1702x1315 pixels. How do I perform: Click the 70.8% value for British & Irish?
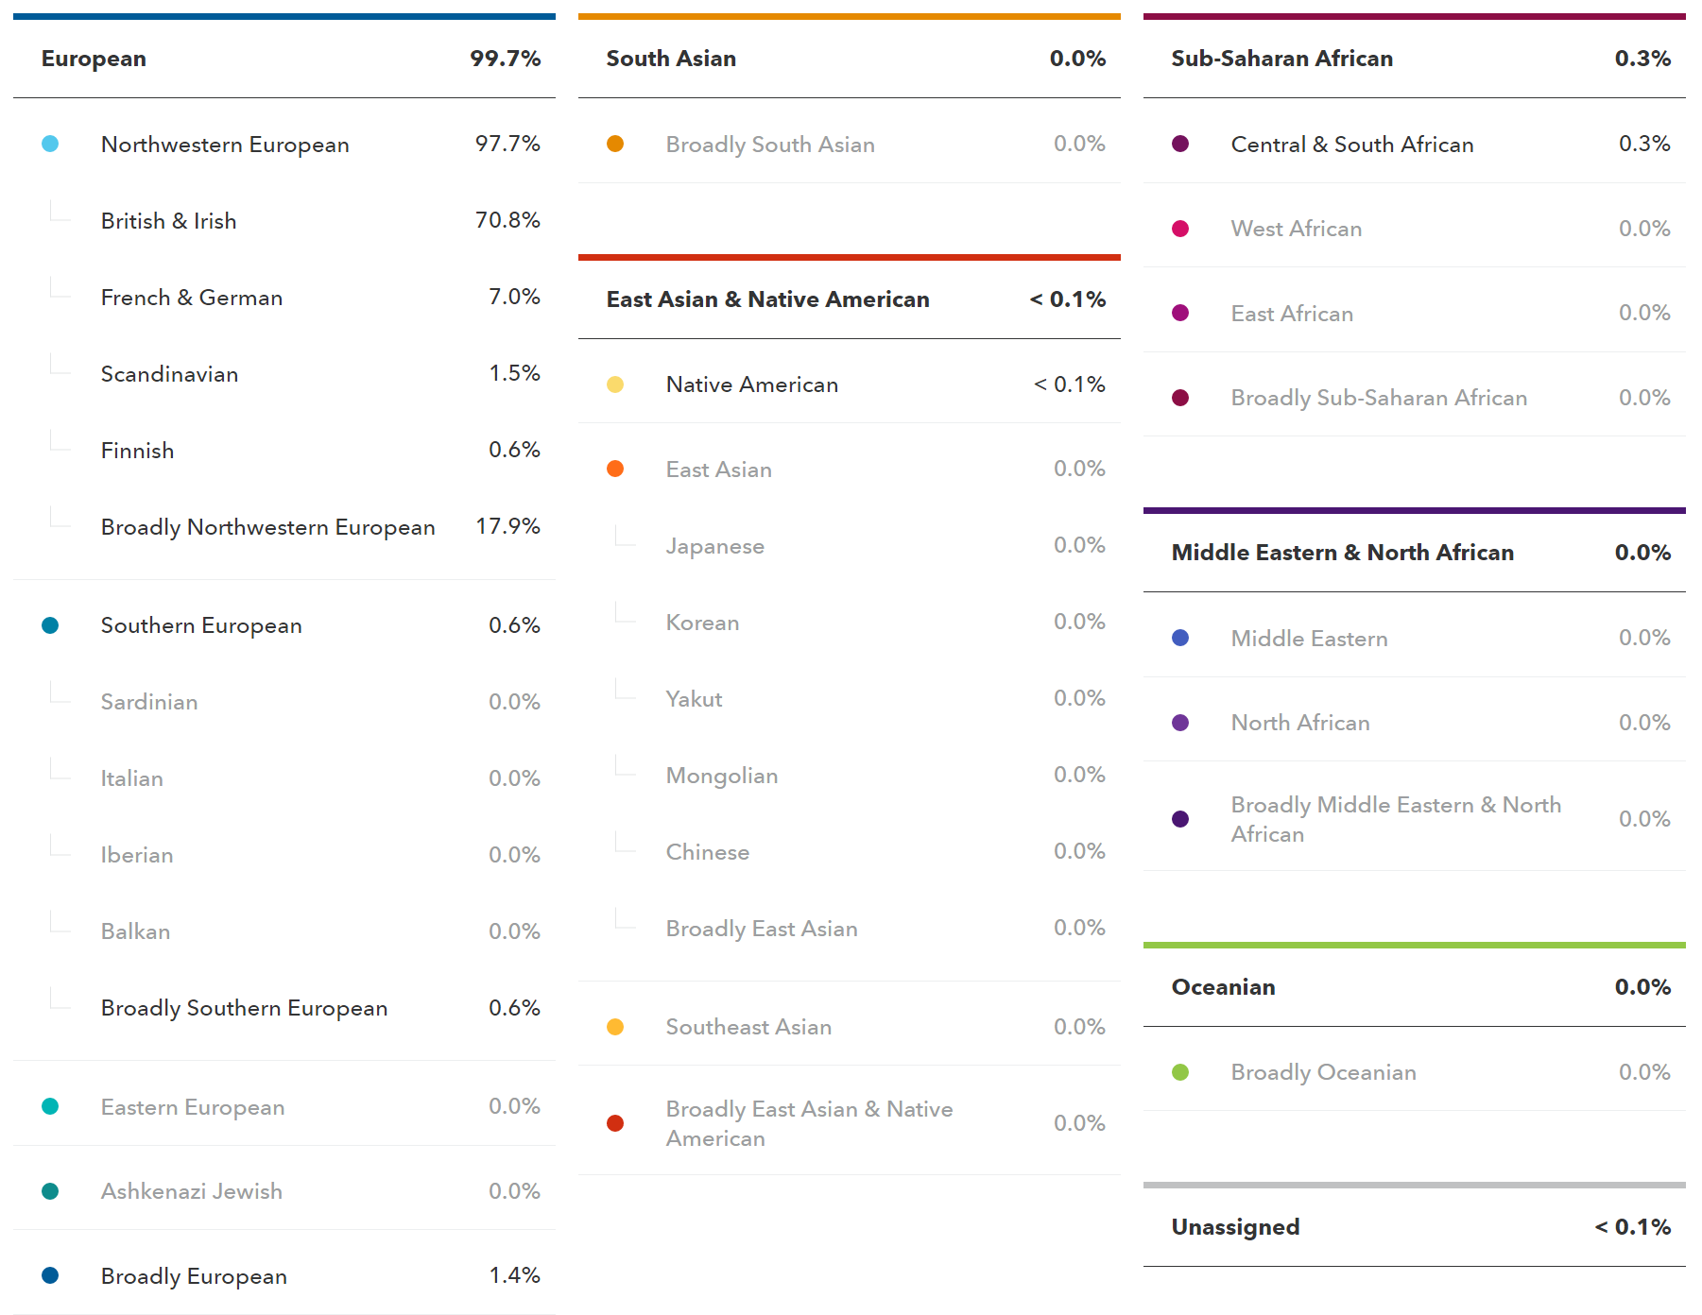tap(507, 220)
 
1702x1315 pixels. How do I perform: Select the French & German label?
tap(192, 298)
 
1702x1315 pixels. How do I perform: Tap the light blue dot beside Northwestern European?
tap(50, 144)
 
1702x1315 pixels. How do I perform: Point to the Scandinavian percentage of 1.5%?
tap(514, 373)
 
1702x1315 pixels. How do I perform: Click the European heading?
tap(94, 59)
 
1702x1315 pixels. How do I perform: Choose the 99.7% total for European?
tap(505, 59)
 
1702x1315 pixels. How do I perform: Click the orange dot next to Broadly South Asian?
tap(615, 144)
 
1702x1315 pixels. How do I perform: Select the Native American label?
tap(751, 384)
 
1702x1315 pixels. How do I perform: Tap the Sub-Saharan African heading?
tap(1281, 59)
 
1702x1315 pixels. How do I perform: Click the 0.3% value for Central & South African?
tap(1643, 144)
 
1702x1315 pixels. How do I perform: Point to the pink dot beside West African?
tap(1180, 229)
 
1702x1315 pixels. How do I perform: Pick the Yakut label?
tap(694, 699)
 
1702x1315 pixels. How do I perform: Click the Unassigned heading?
tap(1235, 1227)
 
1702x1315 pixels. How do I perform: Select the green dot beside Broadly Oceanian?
tap(1180, 1072)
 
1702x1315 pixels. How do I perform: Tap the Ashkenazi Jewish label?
tap(192, 1191)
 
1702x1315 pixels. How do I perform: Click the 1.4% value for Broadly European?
tap(514, 1275)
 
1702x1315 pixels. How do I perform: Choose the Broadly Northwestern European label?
tap(267, 527)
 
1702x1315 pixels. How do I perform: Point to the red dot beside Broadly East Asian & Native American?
tap(615, 1123)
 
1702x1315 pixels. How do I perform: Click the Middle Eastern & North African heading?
tap(1342, 553)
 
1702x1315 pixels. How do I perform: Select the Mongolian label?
tap(722, 776)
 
